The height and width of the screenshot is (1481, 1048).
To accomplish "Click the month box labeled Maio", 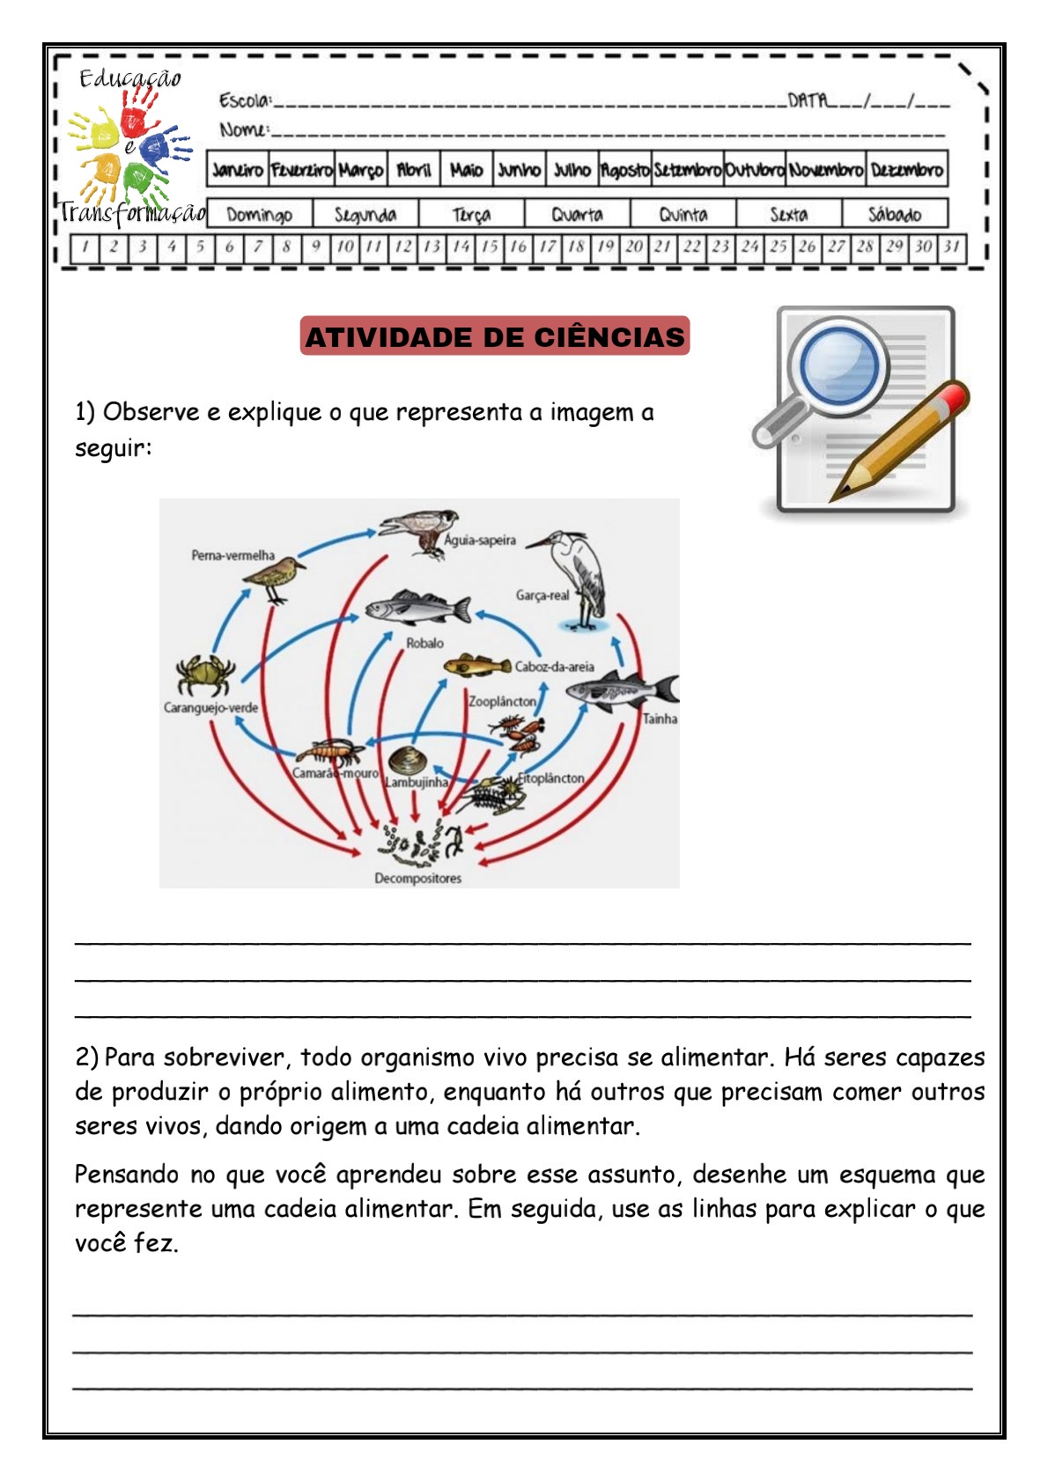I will coord(466,170).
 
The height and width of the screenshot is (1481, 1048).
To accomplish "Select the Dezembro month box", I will coord(906,170).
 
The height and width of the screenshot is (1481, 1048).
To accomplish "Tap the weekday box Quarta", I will coord(577,214).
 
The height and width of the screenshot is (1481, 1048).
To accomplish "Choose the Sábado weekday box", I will coord(894,214).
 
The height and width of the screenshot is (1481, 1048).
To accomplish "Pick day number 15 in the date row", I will coord(489,247).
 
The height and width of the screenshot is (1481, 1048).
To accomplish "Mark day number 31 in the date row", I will coord(951,247).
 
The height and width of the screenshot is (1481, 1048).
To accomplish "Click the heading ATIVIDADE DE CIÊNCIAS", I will coord(494,336).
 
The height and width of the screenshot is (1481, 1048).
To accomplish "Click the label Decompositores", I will coord(417,878).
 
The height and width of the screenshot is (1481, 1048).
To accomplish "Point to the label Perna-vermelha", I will coord(233,556).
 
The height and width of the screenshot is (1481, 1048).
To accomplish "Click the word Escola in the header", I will coord(244,100).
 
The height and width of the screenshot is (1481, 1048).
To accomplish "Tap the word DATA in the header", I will coord(808,100).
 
